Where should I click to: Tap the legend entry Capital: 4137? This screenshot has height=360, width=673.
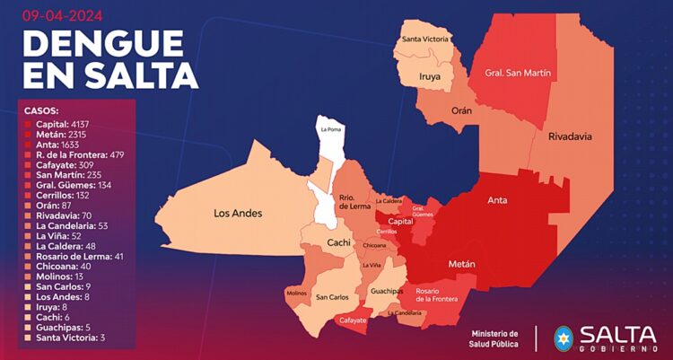tap(63, 123)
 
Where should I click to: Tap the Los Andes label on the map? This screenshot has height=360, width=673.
tap(238, 214)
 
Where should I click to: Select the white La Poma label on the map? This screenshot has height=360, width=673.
tap(331, 130)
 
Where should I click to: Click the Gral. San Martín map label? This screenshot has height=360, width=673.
tap(516, 73)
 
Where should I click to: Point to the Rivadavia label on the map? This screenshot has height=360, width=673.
tap(569, 136)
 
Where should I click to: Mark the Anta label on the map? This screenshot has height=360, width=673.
tap(498, 201)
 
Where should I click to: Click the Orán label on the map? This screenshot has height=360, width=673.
tap(461, 110)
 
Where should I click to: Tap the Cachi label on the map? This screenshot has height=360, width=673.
tap(337, 242)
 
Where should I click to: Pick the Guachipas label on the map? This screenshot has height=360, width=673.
tap(386, 291)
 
